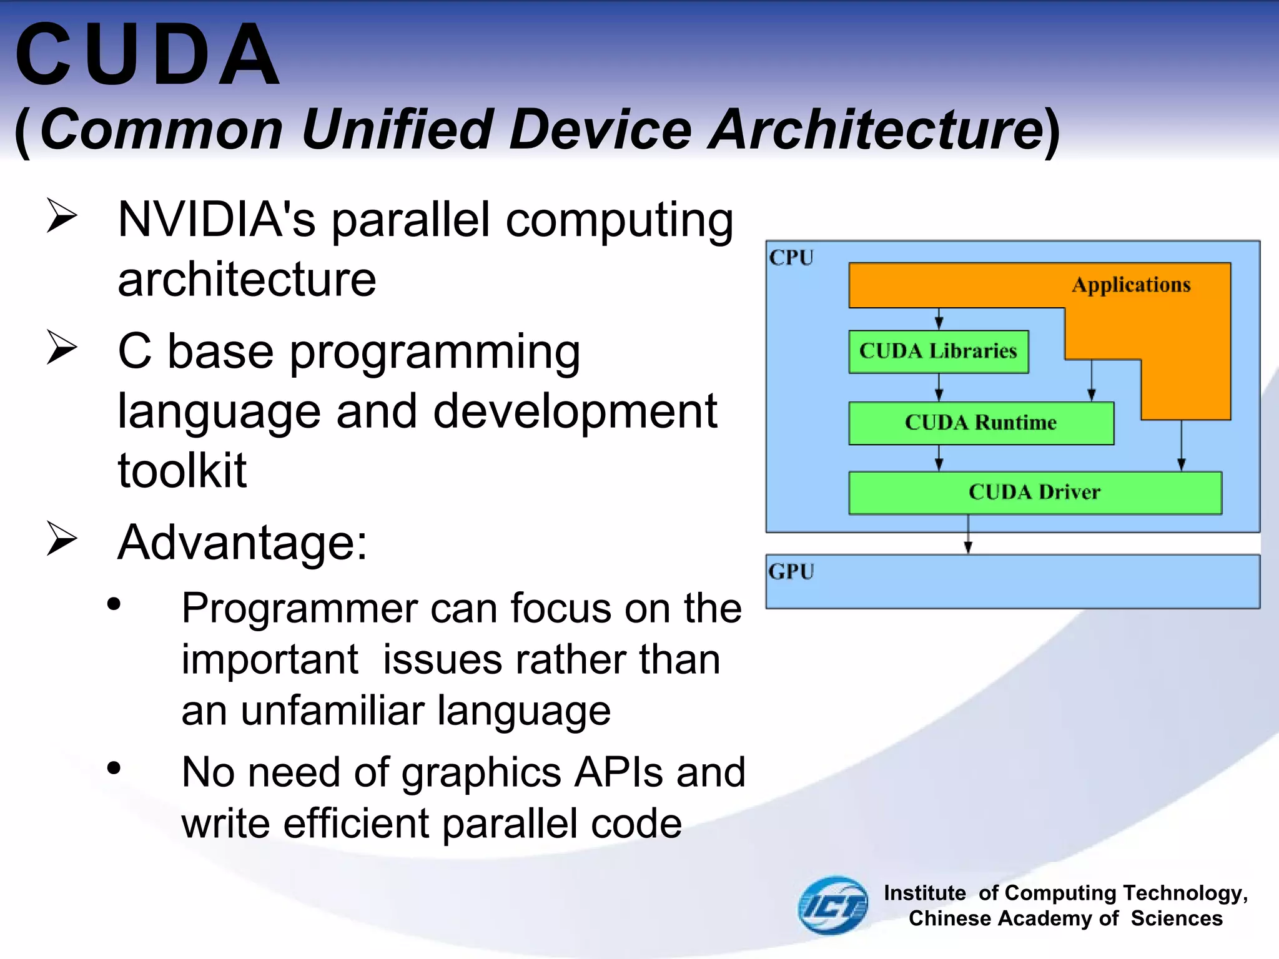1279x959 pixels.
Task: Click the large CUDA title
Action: pos(147,55)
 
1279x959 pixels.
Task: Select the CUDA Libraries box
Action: pos(937,352)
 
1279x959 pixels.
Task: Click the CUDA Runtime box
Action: pos(980,423)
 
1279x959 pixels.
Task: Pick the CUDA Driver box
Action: pos(1034,493)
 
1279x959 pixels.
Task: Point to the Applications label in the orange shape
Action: pos(1131,285)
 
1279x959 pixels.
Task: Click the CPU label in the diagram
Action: pos(791,258)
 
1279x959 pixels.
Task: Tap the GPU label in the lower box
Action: pos(791,572)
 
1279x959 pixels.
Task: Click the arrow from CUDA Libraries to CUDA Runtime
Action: pos(939,388)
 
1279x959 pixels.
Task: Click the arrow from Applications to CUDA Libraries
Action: pos(939,318)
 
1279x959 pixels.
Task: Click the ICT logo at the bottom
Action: pos(833,905)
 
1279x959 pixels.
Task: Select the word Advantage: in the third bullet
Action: pos(242,543)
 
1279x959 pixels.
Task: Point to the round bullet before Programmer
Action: pos(114,604)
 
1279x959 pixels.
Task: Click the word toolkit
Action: pos(182,470)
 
